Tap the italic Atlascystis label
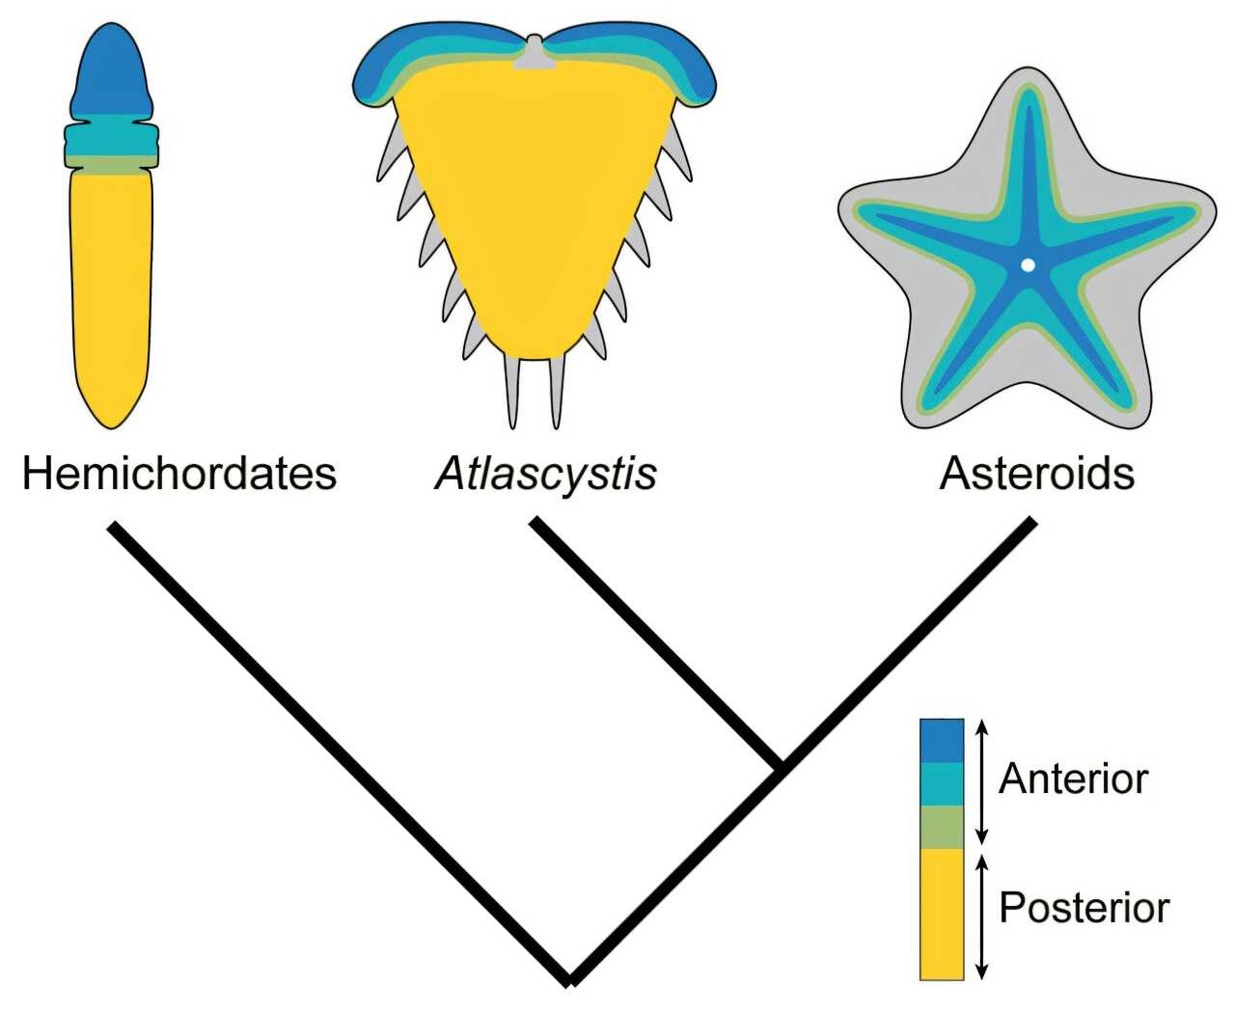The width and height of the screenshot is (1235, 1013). click(x=546, y=476)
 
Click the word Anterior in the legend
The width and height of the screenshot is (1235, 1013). click(x=1073, y=780)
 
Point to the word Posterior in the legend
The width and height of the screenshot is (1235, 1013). click(x=1084, y=908)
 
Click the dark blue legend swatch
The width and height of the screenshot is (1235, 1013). click(x=942, y=740)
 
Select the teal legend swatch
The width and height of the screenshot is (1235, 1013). click(x=942, y=784)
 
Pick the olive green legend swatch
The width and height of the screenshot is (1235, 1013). click(x=942, y=828)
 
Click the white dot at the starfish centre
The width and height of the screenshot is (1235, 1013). click(x=1028, y=265)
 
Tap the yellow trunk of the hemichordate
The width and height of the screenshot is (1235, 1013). click(x=111, y=299)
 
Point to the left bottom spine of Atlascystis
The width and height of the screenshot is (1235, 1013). click(x=512, y=393)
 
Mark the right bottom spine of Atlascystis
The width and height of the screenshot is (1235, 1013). click(x=557, y=393)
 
